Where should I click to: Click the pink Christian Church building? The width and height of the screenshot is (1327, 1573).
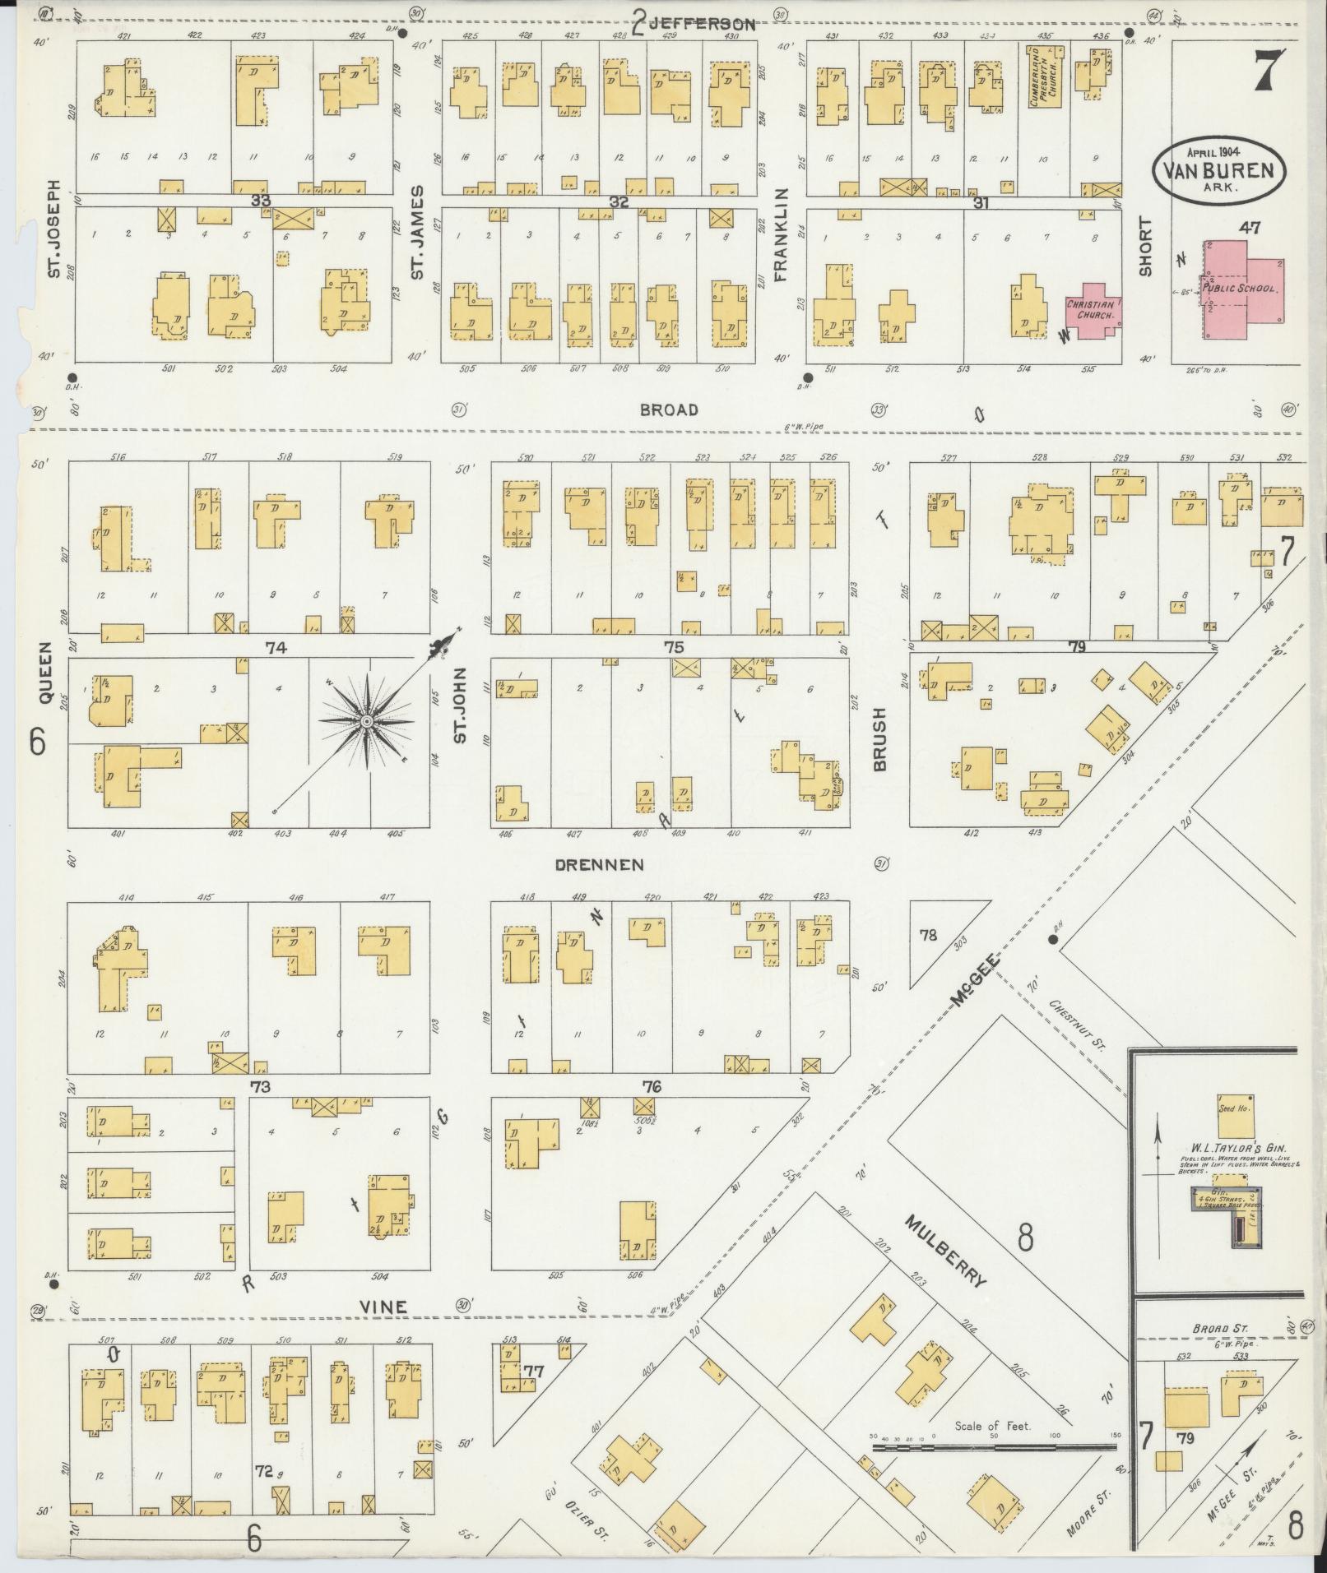[x=1093, y=311]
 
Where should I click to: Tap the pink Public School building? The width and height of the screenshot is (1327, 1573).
[x=1242, y=289]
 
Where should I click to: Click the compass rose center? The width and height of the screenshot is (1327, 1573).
[x=366, y=721]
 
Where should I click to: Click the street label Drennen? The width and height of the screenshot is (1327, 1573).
[x=599, y=865]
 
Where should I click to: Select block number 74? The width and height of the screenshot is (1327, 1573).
[x=275, y=648]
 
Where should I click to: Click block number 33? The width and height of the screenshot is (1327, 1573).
[x=262, y=200]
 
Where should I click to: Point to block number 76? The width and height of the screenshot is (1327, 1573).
[x=652, y=1087]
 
